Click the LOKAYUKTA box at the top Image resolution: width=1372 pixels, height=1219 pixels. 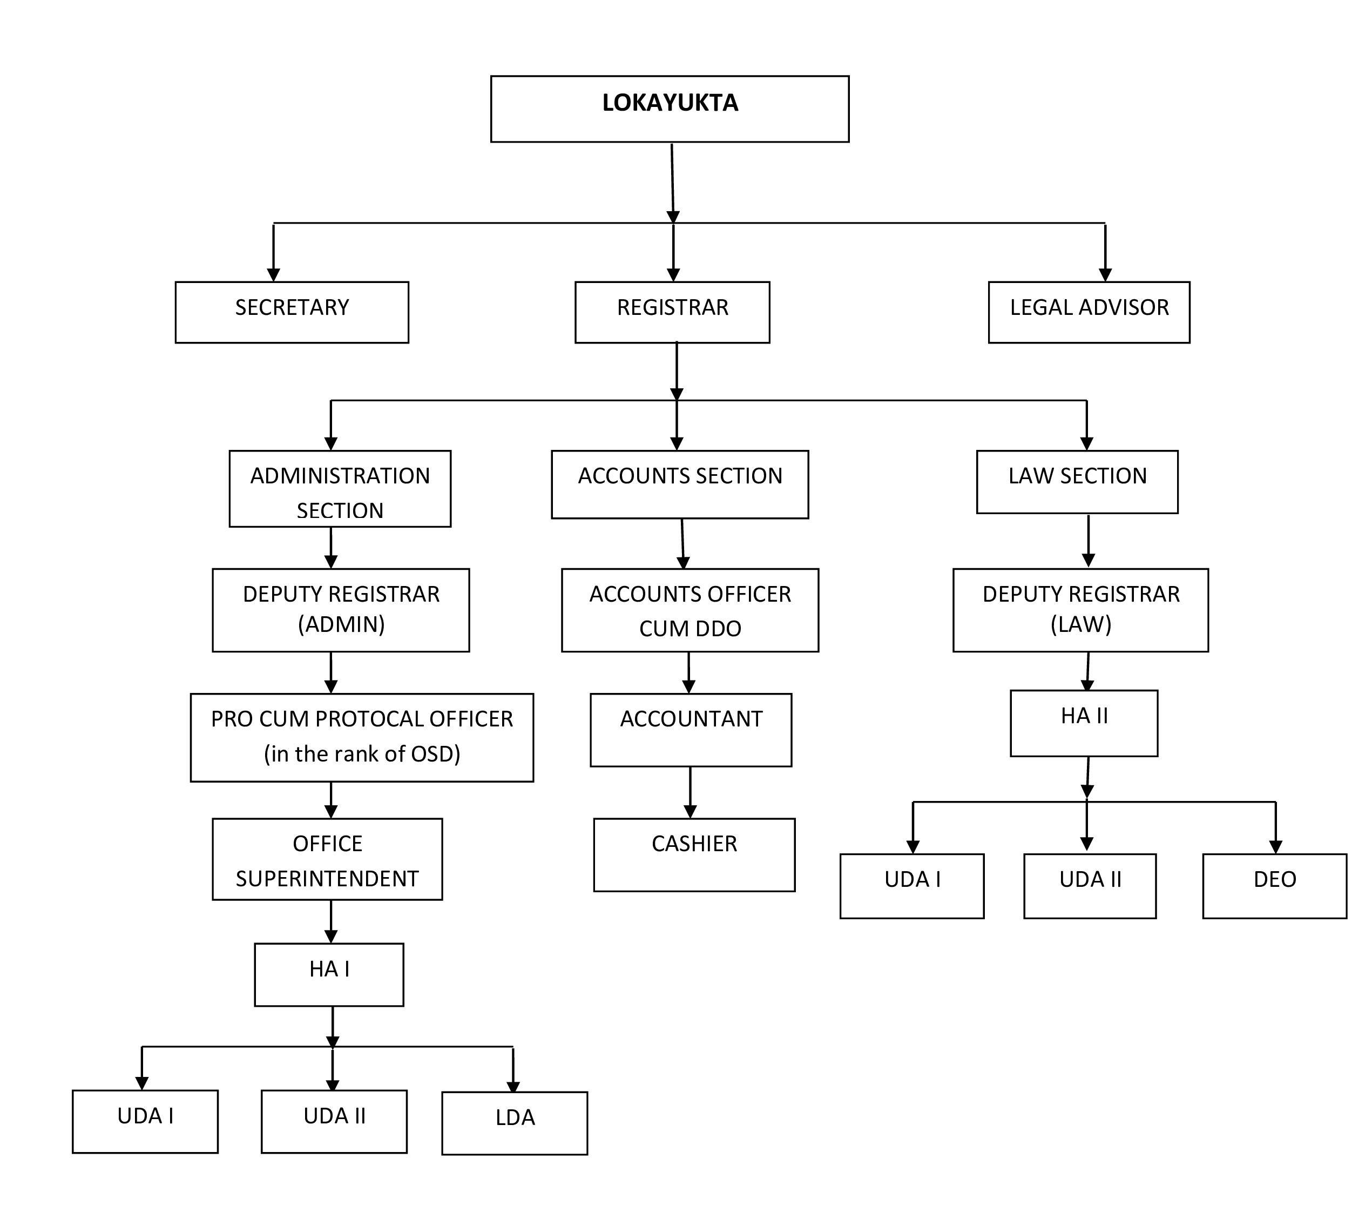[670, 109]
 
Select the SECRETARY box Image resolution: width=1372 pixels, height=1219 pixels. [292, 312]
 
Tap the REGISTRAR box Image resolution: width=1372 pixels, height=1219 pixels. [673, 312]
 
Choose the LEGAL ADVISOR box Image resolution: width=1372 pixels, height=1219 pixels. [1090, 312]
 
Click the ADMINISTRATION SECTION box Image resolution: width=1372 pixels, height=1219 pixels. [340, 489]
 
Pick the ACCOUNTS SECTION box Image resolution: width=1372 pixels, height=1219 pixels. [680, 484]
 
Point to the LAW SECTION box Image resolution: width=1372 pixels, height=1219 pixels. [1077, 482]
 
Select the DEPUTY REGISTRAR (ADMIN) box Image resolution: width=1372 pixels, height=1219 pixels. [341, 610]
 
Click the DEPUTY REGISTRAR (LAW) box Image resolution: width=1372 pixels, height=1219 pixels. [1080, 610]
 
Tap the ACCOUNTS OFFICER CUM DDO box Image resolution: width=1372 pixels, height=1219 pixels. [690, 610]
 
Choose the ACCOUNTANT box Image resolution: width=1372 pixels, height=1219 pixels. [691, 730]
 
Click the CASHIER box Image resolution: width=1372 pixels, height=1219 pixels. [695, 855]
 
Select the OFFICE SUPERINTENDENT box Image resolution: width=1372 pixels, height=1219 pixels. [328, 859]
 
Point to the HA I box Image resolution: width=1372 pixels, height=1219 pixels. [329, 975]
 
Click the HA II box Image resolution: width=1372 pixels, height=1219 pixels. [1084, 724]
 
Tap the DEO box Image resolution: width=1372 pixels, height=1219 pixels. [1275, 886]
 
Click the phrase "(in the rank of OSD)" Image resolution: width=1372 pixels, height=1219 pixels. [362, 754]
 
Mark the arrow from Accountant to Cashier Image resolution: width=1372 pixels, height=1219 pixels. [690, 792]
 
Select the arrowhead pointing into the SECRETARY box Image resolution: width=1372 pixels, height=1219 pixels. [273, 274]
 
